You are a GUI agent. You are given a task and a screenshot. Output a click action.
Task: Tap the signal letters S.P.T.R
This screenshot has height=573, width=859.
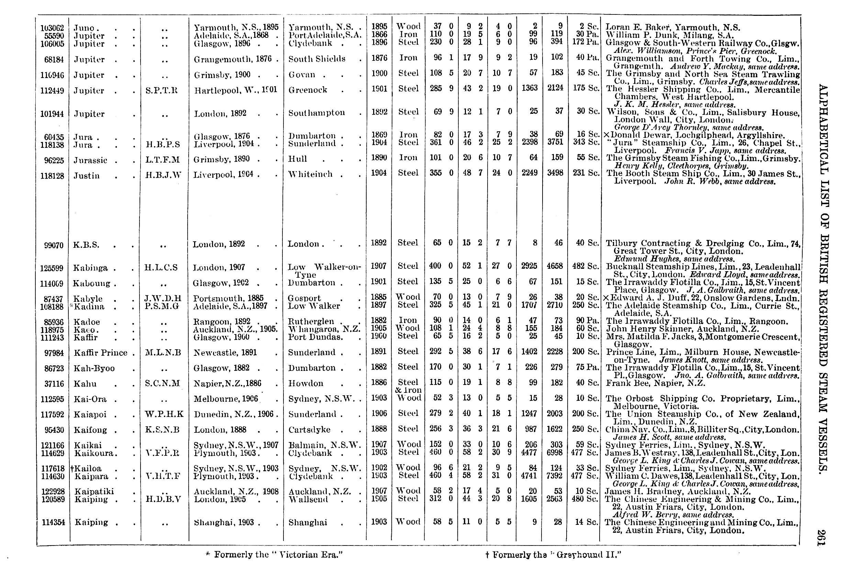(x=161, y=90)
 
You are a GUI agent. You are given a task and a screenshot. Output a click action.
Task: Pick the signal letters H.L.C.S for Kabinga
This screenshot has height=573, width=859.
(x=161, y=267)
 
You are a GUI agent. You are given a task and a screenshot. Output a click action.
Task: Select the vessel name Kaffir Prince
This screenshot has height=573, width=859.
(x=100, y=353)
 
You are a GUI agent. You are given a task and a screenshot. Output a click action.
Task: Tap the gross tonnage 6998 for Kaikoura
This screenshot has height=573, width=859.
(x=555, y=453)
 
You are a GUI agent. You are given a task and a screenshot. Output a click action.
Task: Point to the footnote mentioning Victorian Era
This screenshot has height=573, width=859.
(x=275, y=555)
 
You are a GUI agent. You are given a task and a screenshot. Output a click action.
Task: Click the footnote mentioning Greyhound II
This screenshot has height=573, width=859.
(x=553, y=555)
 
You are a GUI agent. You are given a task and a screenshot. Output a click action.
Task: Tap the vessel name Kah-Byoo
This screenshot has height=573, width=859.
(x=94, y=368)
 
